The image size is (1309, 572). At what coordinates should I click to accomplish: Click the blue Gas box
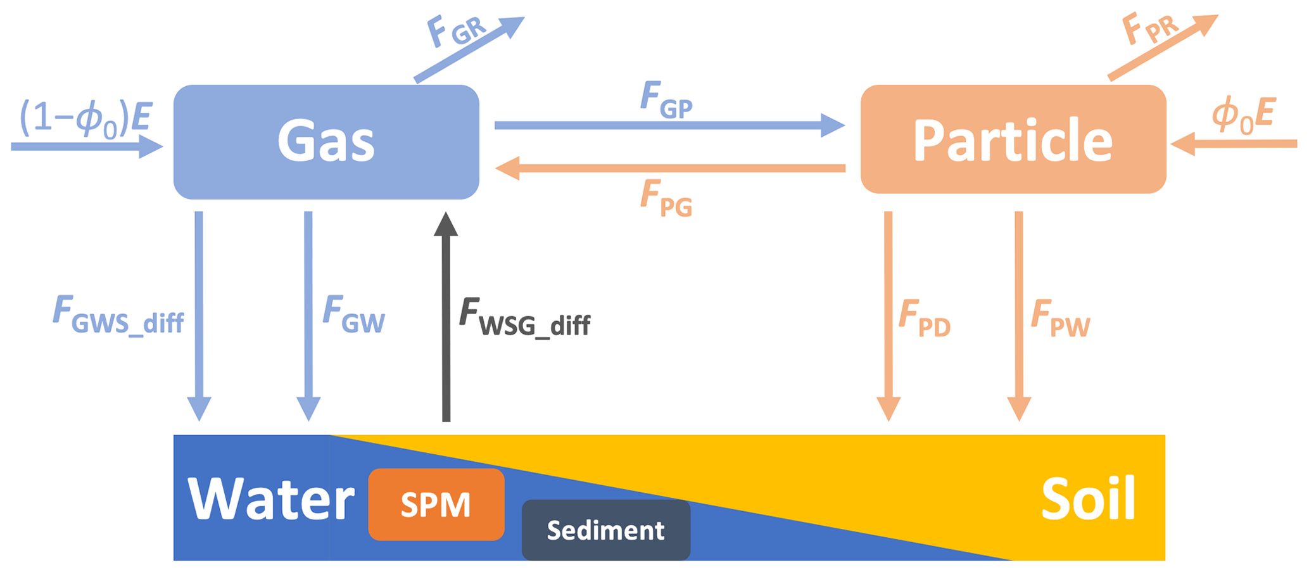tap(326, 142)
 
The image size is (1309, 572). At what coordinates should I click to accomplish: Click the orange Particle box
tap(1013, 139)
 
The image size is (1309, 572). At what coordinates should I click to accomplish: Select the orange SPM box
tap(436, 505)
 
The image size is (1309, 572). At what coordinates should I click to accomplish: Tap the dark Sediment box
tap(605, 530)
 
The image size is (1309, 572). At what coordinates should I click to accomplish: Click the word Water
tap(271, 499)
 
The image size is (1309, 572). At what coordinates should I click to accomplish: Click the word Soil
tap(1088, 499)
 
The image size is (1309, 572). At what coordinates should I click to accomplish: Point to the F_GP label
tap(666, 101)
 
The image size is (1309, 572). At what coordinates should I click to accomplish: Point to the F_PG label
tap(666, 198)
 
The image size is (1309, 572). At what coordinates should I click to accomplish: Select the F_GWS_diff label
tap(118, 315)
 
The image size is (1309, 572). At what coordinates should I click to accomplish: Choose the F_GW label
tap(353, 315)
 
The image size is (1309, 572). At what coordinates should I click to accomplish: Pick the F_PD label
tap(925, 319)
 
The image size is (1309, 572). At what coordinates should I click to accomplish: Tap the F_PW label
tap(1060, 319)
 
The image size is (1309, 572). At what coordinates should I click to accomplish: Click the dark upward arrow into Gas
tap(446, 317)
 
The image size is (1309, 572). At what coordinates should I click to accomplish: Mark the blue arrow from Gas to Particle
tap(669, 125)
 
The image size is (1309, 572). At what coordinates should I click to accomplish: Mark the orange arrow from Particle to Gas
tap(669, 168)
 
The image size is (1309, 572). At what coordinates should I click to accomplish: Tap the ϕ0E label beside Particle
tap(1243, 116)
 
